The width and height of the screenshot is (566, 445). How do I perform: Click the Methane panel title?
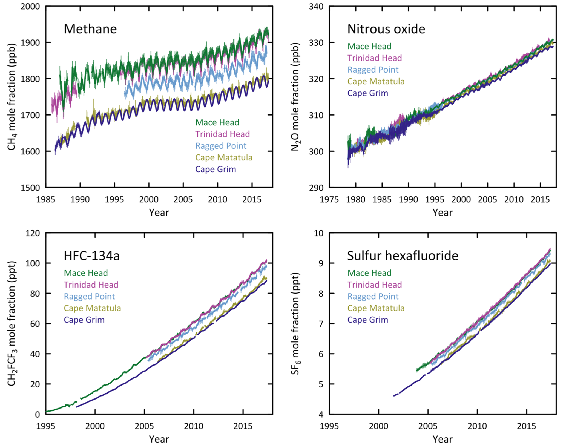tap(90, 29)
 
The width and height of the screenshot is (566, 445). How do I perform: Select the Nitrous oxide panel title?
tap(386, 29)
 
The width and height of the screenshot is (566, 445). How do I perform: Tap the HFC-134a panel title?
tap(91, 256)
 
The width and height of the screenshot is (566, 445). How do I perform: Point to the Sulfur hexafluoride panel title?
tap(403, 256)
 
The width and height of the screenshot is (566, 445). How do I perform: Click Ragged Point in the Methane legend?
tap(221, 146)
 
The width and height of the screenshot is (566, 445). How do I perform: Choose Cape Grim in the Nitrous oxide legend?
tap(367, 93)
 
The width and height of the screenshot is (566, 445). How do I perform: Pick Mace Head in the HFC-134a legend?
tap(86, 273)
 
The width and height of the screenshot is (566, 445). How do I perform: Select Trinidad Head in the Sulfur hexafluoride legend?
tap(374, 285)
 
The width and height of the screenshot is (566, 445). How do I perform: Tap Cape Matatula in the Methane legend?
tap(224, 157)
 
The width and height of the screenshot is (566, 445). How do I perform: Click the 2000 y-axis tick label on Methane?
tap(30, 6)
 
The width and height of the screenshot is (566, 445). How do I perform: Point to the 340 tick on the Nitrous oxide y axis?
tap(316, 6)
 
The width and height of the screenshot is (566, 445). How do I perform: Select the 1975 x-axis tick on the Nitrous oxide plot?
tap(329, 199)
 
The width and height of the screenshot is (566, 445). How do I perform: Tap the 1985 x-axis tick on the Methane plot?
tap(46, 199)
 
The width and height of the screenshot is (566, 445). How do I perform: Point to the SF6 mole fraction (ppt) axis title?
tap(295, 323)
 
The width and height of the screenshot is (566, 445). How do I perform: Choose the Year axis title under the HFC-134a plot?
tap(159, 439)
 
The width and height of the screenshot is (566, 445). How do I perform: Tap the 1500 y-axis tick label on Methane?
tap(30, 188)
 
